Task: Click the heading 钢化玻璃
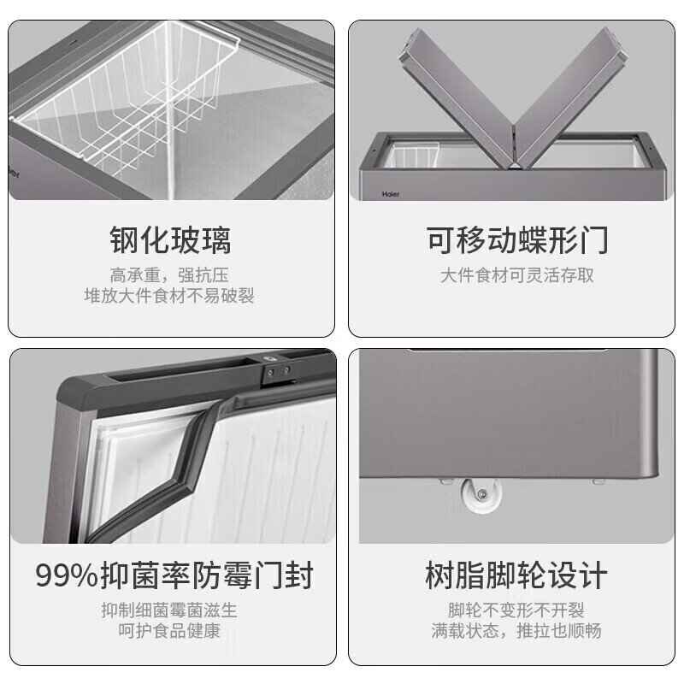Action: (x=170, y=241)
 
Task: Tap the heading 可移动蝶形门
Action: (x=517, y=241)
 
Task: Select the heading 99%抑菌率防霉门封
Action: (x=174, y=574)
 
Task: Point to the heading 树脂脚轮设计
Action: (x=516, y=575)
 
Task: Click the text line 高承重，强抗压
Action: (x=169, y=275)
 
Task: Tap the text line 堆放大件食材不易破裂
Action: (x=169, y=296)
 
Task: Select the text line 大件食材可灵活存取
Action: (x=517, y=275)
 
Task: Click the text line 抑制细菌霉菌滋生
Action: (x=169, y=610)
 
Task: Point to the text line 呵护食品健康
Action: (x=169, y=631)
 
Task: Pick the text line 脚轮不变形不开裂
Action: (x=516, y=610)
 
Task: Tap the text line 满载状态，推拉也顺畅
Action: (x=516, y=631)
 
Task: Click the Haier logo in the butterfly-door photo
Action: (x=390, y=194)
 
